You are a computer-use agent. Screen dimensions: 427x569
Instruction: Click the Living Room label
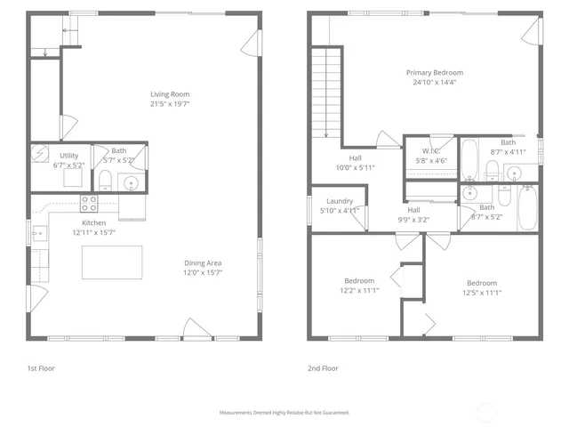point(169,94)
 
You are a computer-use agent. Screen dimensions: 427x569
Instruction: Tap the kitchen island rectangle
point(112,262)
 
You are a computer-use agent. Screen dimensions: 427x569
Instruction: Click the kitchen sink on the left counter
point(39,234)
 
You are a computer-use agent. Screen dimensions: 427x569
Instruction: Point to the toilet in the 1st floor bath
point(104,182)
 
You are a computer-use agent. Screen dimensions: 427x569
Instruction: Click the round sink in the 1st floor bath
point(132,184)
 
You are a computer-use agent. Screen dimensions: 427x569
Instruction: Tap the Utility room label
point(68,156)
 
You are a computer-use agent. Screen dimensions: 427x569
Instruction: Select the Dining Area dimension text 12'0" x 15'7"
point(203,273)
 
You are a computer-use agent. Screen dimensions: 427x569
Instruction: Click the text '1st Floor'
point(41,367)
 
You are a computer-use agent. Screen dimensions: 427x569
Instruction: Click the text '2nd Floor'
point(324,367)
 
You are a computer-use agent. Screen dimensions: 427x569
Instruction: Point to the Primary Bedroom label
point(435,73)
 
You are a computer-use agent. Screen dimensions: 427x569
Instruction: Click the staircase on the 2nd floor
point(325,93)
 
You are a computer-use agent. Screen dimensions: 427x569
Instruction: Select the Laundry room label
point(340,201)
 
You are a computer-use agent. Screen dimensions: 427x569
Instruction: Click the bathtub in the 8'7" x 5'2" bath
point(527,207)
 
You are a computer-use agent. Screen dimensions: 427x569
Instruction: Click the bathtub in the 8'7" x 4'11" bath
point(470,157)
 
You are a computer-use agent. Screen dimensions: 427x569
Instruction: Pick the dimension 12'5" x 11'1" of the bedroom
point(482,292)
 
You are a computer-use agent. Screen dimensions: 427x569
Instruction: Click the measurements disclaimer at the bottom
point(284,413)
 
